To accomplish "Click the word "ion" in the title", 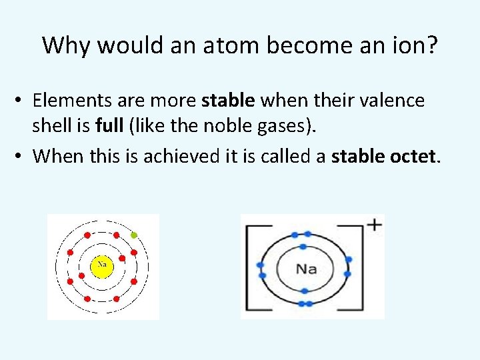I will point(408,45).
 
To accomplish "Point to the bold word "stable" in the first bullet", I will point(228,101).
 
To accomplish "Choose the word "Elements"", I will point(67,101).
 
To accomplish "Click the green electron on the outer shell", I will point(134,235).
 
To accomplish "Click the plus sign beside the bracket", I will point(375,225).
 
